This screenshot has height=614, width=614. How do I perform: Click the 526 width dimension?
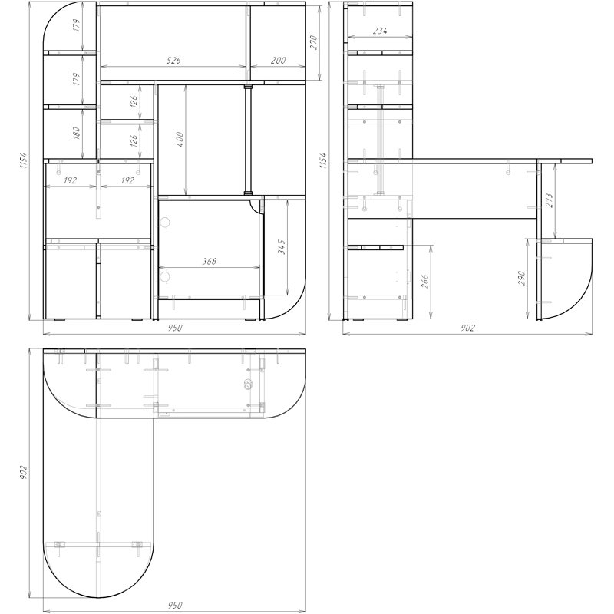point(173,61)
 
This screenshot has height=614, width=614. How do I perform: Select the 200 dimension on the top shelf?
point(278,61)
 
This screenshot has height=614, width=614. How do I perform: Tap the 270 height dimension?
point(314,42)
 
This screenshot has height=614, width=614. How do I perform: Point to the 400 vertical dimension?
point(180,139)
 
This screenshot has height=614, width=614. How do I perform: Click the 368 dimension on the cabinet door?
point(209,261)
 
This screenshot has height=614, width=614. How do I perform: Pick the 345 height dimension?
point(281,247)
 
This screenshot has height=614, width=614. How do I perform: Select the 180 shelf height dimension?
point(76,133)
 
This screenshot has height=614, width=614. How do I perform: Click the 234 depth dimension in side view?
point(380,31)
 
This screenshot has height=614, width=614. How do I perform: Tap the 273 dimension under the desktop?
point(549,200)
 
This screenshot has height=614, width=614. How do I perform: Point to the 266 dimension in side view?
point(425,282)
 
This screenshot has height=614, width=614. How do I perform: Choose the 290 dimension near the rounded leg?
point(522,278)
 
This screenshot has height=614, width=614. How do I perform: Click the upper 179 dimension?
point(76,25)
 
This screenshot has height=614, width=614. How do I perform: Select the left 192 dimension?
point(70,180)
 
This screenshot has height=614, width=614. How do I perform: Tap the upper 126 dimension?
point(134,102)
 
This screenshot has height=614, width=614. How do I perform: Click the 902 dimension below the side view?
point(467,328)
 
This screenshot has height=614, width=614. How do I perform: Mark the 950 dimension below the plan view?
point(175,606)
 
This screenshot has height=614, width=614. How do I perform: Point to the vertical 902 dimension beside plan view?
point(24,473)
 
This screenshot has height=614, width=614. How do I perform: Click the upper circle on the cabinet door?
point(165,223)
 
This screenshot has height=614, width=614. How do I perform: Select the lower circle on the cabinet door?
point(165,277)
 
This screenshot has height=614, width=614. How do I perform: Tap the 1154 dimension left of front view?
point(23,160)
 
